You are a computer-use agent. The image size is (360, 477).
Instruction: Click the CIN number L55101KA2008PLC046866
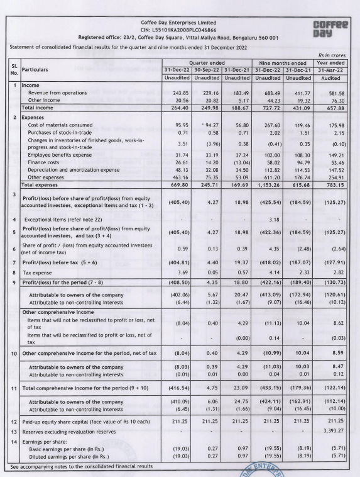[x=179, y=30]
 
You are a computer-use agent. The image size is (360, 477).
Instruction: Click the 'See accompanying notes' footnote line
[x=82, y=467]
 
